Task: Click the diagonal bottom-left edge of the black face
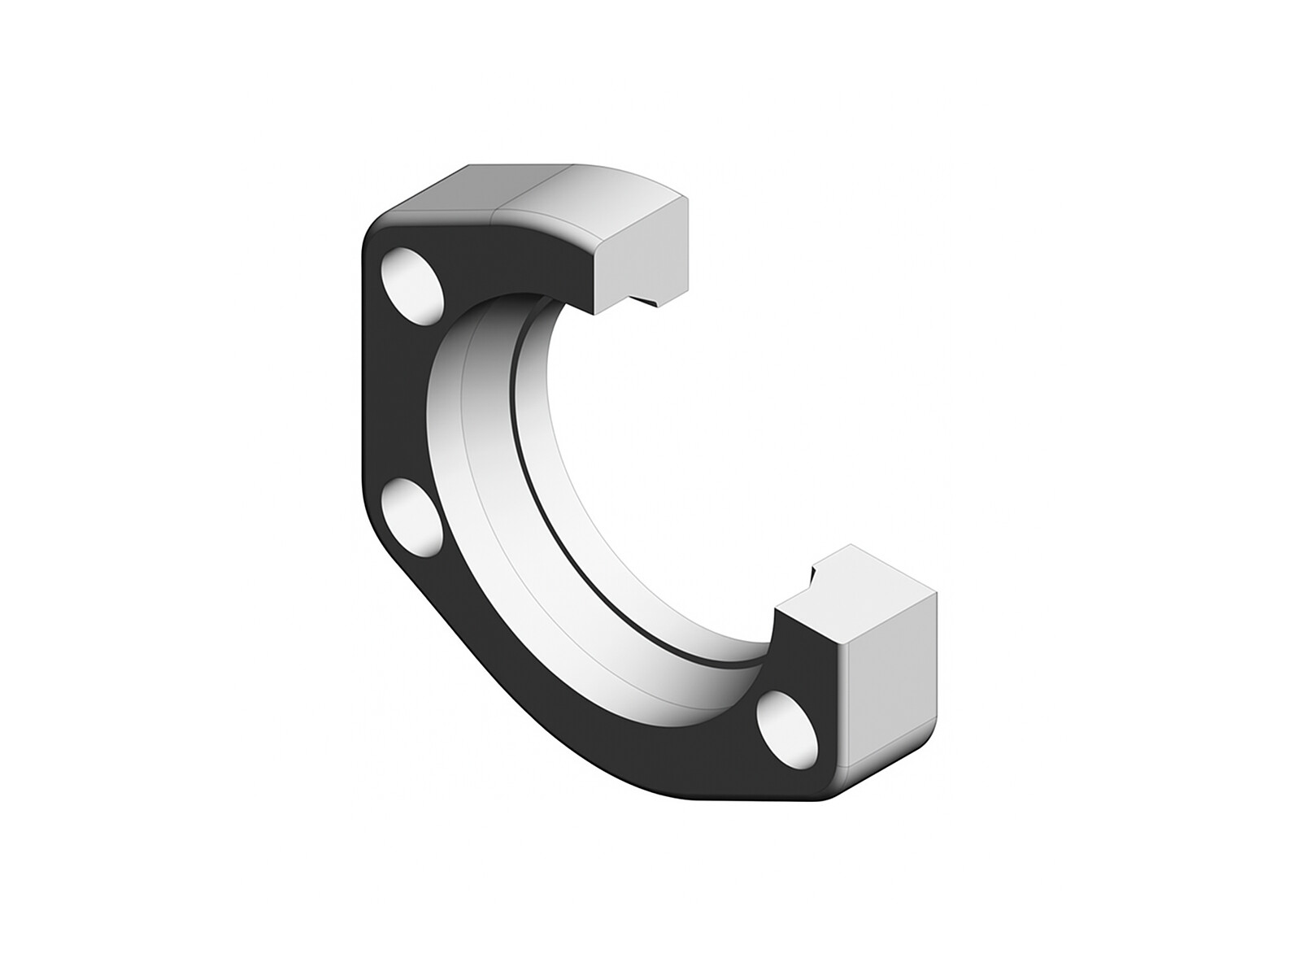(x=504, y=691)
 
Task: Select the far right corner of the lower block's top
(x=936, y=593)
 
